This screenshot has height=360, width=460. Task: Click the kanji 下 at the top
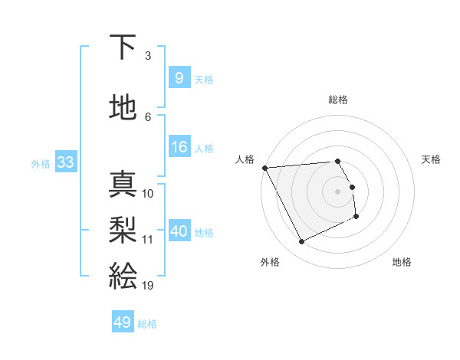123,47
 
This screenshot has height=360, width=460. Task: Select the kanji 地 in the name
123,107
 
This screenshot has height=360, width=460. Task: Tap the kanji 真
123,184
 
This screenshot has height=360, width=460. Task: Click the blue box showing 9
179,78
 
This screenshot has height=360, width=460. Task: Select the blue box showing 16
179,147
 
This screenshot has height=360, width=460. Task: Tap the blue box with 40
179,231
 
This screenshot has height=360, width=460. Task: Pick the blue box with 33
65,162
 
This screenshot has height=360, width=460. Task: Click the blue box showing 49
123,322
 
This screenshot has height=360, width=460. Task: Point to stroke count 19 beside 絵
148,286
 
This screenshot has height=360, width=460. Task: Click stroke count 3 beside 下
148,56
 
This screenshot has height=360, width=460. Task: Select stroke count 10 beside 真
148,194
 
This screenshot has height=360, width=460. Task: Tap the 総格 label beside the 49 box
147,324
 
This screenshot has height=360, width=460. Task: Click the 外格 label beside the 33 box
41,163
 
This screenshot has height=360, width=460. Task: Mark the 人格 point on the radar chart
264,168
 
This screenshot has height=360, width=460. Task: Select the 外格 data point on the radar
301,242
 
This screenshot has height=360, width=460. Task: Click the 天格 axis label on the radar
431,159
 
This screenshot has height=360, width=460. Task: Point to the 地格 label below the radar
402,263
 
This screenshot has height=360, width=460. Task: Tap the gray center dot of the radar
338,191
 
